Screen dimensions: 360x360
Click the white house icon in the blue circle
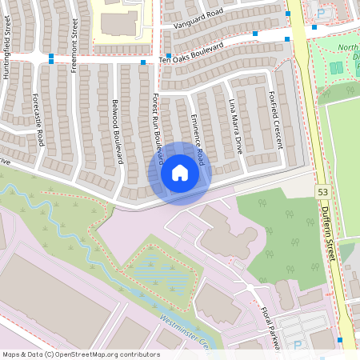(x=179, y=173)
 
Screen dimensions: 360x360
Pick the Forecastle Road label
(x=39, y=122)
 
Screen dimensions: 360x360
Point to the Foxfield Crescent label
(x=276, y=118)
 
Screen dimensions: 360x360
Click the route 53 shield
(x=322, y=193)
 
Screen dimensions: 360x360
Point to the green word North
(x=347, y=48)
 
